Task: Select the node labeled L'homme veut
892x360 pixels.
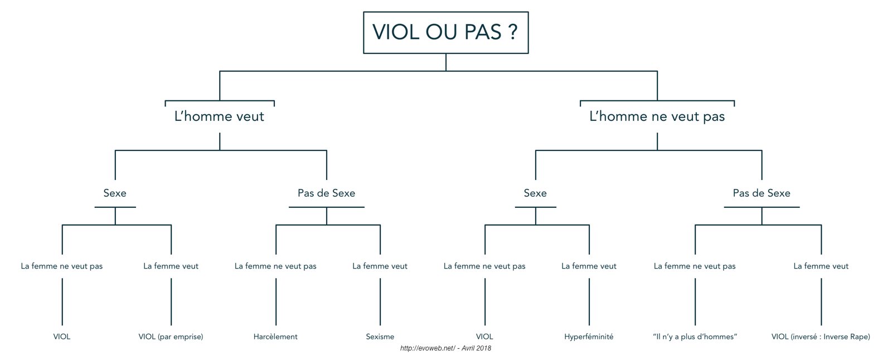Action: (220, 116)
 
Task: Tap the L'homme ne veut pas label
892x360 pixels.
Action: (657, 116)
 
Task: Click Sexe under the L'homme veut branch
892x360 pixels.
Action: (115, 193)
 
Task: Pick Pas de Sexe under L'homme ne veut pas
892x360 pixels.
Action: (762, 193)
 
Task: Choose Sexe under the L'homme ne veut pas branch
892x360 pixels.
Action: (535, 193)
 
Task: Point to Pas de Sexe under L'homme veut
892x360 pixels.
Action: (327, 193)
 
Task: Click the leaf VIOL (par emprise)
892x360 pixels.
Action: (171, 337)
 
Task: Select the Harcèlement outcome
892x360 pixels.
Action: (275, 337)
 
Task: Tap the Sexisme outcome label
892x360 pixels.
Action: (380, 337)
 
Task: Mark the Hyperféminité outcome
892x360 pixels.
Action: (589, 337)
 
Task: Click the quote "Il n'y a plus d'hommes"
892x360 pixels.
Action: (695, 337)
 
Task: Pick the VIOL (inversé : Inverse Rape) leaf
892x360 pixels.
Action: (821, 337)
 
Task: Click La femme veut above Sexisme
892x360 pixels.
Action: (380, 266)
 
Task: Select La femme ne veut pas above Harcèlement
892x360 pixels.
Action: (275, 266)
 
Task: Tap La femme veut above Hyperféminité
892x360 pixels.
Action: (589, 266)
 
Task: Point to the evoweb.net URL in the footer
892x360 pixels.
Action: (428, 348)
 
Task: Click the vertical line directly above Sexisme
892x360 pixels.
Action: (380, 302)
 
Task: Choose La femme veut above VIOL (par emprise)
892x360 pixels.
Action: (171, 266)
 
